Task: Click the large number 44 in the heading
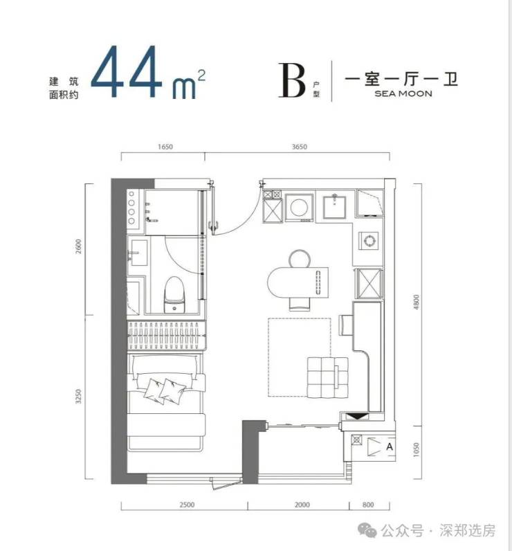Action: click(x=127, y=72)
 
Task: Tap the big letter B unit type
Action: click(x=292, y=80)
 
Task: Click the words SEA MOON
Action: click(x=403, y=94)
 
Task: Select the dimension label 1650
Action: click(x=165, y=147)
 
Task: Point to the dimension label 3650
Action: click(x=299, y=147)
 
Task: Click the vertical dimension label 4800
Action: click(x=416, y=302)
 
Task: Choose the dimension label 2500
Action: click(x=187, y=505)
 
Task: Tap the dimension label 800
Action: click(x=368, y=505)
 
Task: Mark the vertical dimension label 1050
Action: click(x=416, y=450)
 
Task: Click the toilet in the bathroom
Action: click(x=174, y=294)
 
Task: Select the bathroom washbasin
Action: click(x=138, y=253)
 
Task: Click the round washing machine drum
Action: click(x=299, y=208)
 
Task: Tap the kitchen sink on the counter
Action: click(x=335, y=207)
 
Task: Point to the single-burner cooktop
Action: click(x=369, y=241)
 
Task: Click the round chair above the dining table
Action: click(x=300, y=259)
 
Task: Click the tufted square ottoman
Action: click(x=328, y=378)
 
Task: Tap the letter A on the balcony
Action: click(x=389, y=447)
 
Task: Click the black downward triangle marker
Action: click(x=358, y=417)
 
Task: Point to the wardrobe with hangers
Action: click(x=166, y=336)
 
